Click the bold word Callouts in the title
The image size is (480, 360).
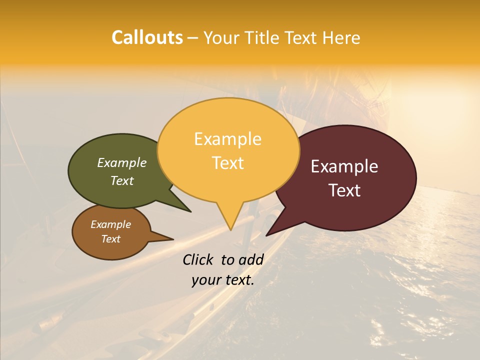[x=147, y=37]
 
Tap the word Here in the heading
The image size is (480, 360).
[x=341, y=37]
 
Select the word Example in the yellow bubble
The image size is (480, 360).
[x=227, y=139]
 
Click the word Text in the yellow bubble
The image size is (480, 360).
[x=227, y=163]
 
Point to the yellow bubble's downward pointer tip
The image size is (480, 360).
[x=230, y=228]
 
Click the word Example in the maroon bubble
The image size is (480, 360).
[x=344, y=166]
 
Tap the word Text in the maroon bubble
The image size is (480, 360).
[x=344, y=190]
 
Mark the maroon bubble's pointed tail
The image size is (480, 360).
[x=268, y=233]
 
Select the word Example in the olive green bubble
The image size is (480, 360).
[x=121, y=163]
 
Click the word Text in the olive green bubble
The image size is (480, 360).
[x=121, y=180]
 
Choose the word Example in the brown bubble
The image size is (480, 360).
[x=110, y=224]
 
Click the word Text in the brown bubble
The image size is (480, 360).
[x=110, y=239]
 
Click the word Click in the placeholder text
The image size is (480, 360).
[x=198, y=259]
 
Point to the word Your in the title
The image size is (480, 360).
[x=220, y=37]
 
